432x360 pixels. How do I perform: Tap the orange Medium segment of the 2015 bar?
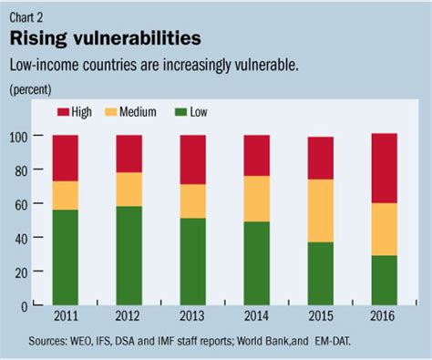click(x=320, y=211)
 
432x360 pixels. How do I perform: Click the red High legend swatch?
click(x=62, y=112)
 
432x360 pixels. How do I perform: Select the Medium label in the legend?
click(x=139, y=112)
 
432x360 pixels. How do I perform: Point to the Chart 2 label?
click(x=28, y=13)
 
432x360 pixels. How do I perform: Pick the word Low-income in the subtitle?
click(x=46, y=66)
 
